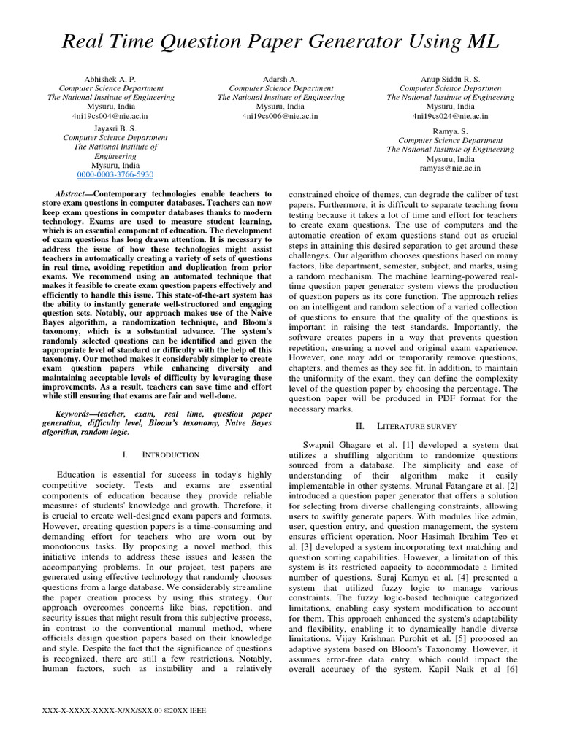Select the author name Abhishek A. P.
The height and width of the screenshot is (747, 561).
pos(110,78)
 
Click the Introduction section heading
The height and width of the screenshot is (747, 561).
pos(170,455)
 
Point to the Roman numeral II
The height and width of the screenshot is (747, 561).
pos(359,425)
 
